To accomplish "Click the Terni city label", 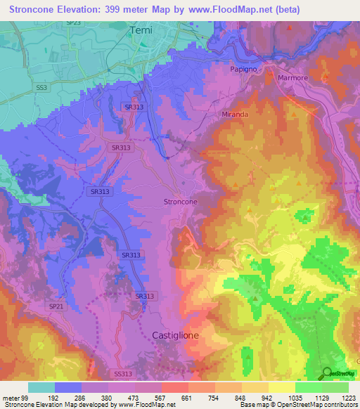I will pos(141,31).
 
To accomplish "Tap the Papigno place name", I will pos(245,70).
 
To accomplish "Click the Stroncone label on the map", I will pos(180,202).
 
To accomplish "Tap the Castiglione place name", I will pos(176,336).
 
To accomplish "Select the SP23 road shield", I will pos(73,23).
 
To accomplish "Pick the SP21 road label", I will pos(56,306).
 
